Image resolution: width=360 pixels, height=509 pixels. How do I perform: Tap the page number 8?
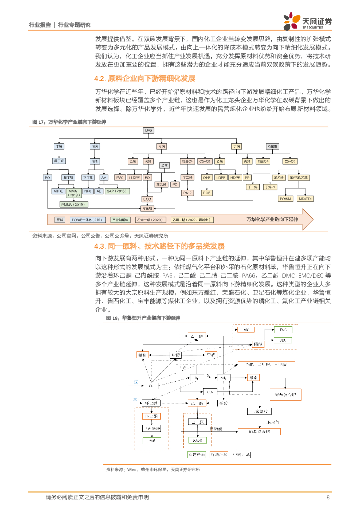(x=328, y=497)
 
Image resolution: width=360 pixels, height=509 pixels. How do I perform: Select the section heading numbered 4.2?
(x=145, y=78)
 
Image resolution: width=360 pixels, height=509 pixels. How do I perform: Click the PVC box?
(x=120, y=177)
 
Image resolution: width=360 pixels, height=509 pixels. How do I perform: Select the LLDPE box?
(x=134, y=177)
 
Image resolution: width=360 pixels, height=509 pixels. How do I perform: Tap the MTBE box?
(x=58, y=191)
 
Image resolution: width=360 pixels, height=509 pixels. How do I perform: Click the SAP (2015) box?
(x=117, y=191)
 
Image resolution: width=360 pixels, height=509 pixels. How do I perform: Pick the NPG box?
(x=88, y=191)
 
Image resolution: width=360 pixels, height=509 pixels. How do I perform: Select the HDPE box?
(x=235, y=177)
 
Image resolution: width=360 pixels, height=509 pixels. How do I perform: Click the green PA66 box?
(x=198, y=440)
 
